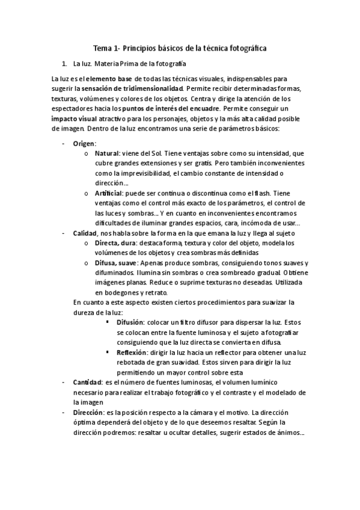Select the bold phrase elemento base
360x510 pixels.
coord(108,78)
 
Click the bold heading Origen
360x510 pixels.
coord(84,144)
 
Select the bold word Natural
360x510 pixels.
coord(107,154)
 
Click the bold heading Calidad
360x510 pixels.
coord(85,233)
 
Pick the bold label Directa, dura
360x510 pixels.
coord(115,242)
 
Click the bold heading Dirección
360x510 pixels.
coord(88,413)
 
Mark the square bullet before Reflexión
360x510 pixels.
coord(108,351)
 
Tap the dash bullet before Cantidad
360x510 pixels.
coord(64,382)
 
